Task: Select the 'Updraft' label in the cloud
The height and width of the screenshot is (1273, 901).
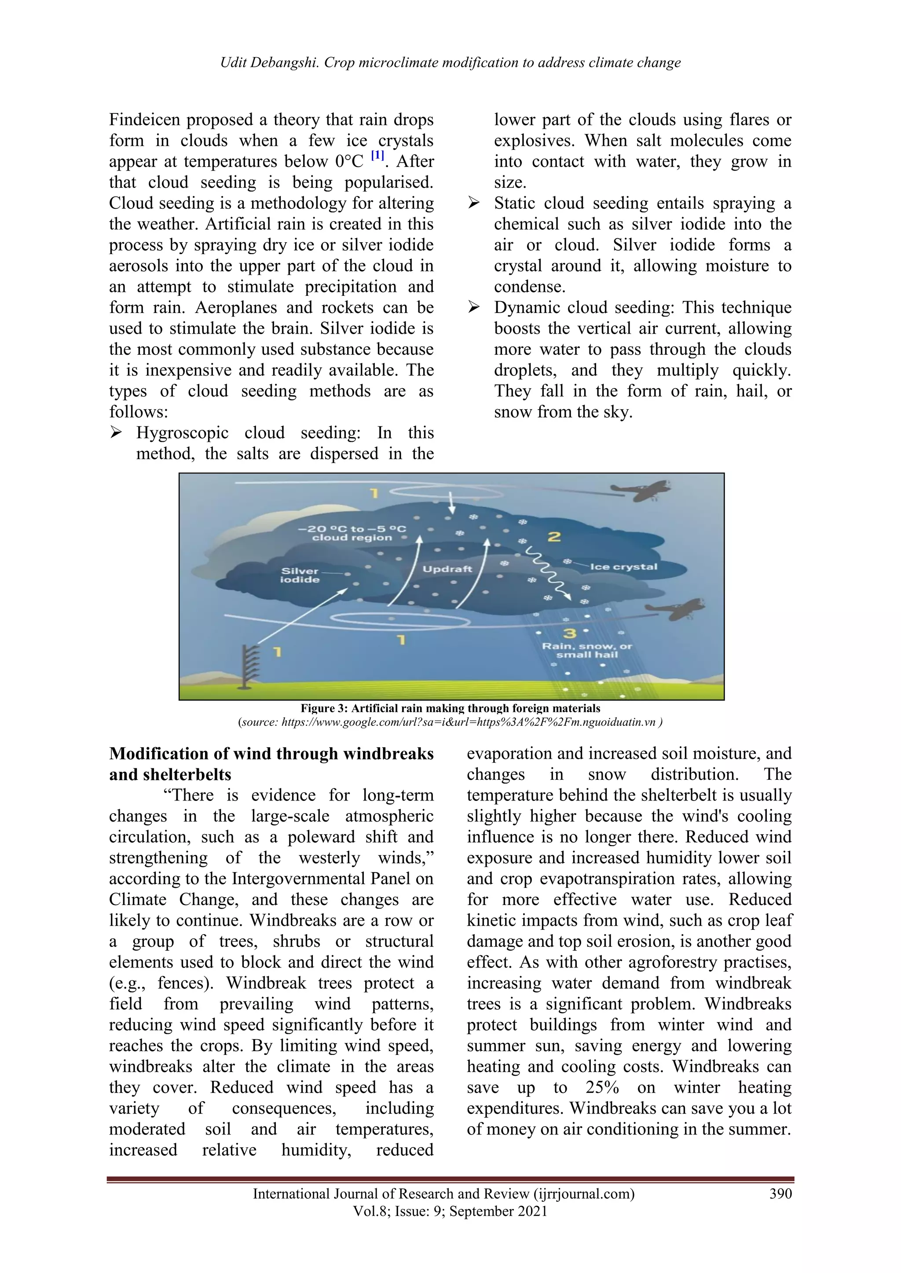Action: pos(447,569)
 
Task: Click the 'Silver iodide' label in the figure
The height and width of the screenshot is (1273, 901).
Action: pos(300,575)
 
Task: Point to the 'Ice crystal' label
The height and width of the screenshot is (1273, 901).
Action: pos(623,567)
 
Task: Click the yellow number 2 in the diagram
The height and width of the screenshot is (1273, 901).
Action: pos(554,537)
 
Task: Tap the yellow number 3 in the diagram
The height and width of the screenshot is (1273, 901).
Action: pos(569,633)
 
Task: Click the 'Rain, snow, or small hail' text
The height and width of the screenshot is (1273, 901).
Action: pos(587,651)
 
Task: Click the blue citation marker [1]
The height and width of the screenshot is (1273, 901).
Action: pos(377,155)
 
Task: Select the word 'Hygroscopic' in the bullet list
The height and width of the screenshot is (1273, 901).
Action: pos(183,433)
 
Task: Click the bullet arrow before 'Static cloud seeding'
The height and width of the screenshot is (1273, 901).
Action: pos(473,204)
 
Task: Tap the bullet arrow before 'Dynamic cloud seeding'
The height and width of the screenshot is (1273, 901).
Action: pos(473,308)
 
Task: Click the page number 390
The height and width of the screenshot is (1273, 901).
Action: pos(780,1194)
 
